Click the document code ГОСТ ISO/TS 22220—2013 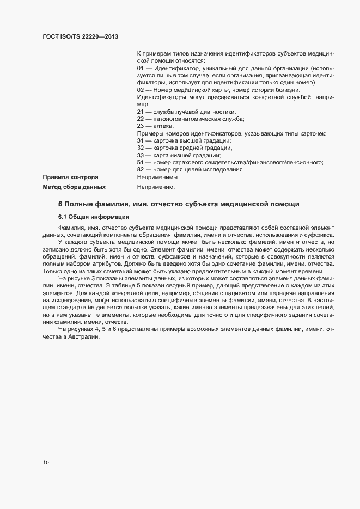80,36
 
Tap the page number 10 46,463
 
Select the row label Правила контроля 70,177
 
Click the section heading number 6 60,204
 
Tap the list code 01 140,69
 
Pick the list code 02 140,90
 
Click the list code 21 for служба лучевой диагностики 140,111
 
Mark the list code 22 140,118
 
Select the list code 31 140,140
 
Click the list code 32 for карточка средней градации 140,148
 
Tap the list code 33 140,155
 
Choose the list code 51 140,162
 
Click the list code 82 140,169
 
